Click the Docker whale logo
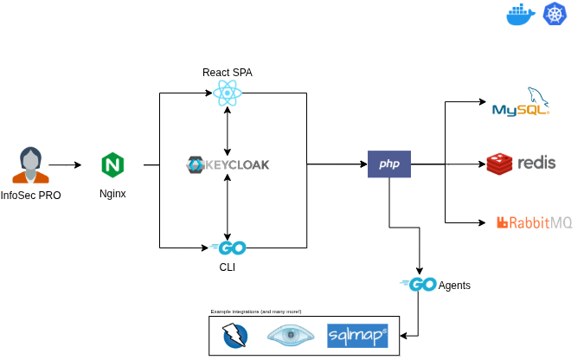[x=520, y=16]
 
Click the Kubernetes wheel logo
[x=554, y=15]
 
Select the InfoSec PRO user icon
[x=31, y=164]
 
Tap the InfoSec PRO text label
[x=31, y=196]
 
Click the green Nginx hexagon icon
[x=112, y=164]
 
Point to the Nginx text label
[x=112, y=194]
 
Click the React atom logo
[x=228, y=93]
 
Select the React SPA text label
[x=228, y=71]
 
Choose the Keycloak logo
[x=228, y=164]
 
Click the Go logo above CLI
[x=228, y=248]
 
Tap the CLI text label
[x=228, y=268]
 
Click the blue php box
[x=388, y=164]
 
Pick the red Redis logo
[x=521, y=163]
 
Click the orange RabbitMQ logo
[x=534, y=222]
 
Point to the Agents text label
[x=455, y=285]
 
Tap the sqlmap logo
[x=357, y=336]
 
